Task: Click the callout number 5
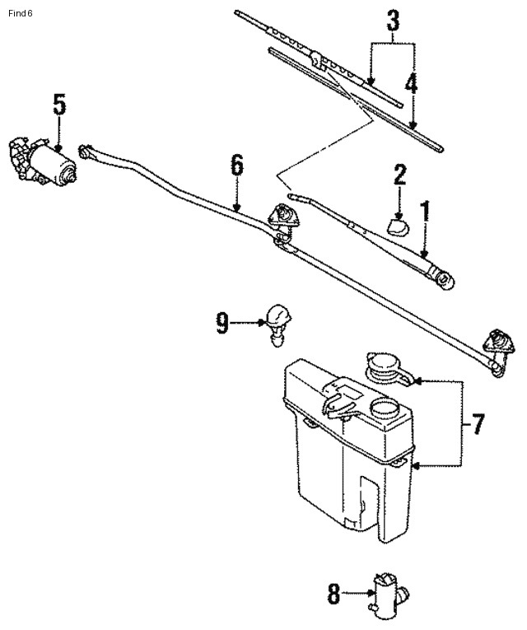pos(59,105)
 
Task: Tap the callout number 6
pos(237,166)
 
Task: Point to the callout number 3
pos(393,20)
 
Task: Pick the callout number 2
pos(399,175)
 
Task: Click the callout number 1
pos(426,212)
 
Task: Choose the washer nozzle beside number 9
pos(278,323)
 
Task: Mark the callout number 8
pos(333,593)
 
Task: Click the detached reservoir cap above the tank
pos(384,366)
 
